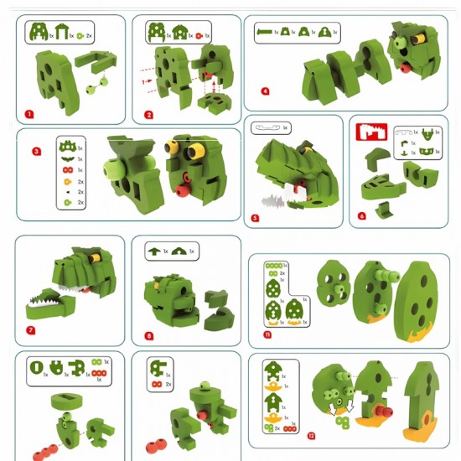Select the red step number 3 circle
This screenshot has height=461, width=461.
(x=36, y=152)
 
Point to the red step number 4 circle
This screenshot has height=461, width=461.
(x=265, y=91)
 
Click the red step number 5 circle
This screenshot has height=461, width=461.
(x=256, y=218)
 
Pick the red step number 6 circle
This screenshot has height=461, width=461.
(x=361, y=216)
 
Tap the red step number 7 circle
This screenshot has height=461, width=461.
(x=30, y=330)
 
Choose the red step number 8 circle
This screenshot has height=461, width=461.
(x=148, y=336)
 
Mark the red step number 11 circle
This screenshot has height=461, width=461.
(x=267, y=334)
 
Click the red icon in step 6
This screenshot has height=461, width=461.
(x=370, y=132)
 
